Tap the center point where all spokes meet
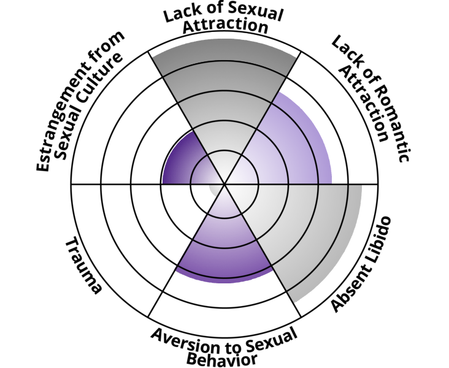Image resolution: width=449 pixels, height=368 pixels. (x=224, y=183)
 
